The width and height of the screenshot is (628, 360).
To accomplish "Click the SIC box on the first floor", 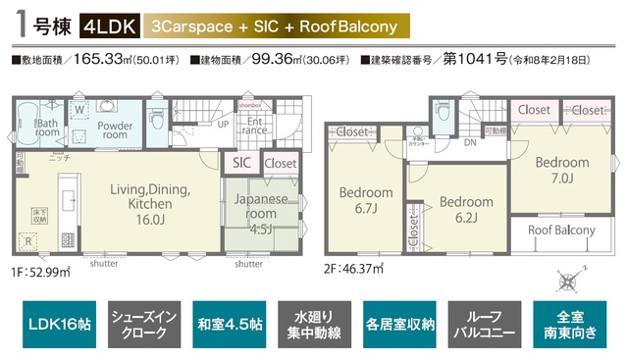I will point(240,164).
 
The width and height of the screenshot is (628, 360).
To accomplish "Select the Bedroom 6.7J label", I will point(365,201).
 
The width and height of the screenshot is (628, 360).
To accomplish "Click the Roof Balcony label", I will point(561,231).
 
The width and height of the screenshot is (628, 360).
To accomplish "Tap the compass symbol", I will point(572,280).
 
